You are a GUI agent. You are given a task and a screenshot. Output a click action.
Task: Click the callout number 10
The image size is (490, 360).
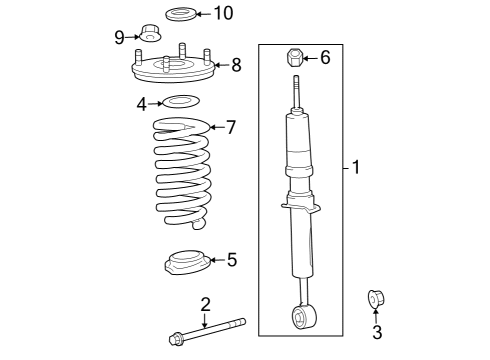click(x=223, y=13)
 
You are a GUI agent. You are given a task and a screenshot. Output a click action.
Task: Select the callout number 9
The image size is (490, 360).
click(x=119, y=38)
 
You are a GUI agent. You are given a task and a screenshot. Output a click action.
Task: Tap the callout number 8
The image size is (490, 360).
click(x=236, y=66)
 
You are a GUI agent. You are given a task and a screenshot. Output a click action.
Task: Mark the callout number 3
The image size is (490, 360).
click(x=377, y=332)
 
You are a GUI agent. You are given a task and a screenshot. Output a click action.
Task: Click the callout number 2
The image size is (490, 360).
click(x=204, y=304)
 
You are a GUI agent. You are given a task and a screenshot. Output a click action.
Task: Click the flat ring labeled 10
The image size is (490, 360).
click(x=180, y=14)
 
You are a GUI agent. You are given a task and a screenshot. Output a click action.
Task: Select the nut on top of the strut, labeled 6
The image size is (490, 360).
click(x=295, y=56)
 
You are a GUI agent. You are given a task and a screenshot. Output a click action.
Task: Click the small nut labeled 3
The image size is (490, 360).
click(x=377, y=298)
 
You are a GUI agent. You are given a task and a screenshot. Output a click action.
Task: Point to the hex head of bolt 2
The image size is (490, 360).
click(x=177, y=337)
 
